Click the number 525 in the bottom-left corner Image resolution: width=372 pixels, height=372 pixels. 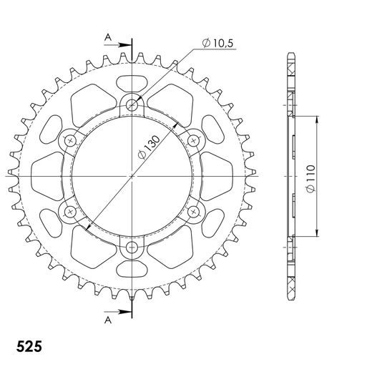[x=28, y=346]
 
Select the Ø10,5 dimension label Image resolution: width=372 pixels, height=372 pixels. [x=218, y=44]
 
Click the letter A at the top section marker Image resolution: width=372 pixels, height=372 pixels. [x=108, y=36]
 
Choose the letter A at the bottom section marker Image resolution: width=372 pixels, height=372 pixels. [x=108, y=320]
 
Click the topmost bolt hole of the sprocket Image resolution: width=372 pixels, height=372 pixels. [x=132, y=104]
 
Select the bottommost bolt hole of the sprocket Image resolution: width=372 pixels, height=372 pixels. [x=132, y=248]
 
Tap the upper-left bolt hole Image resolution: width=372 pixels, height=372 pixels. [x=70, y=140]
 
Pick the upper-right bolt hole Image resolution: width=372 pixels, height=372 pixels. [x=194, y=140]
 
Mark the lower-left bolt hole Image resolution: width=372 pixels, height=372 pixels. [x=70, y=212]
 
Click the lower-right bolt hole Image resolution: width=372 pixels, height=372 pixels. [x=194, y=212]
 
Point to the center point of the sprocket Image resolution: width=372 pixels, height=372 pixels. [x=132, y=176]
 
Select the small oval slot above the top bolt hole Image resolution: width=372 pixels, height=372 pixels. [x=132, y=80]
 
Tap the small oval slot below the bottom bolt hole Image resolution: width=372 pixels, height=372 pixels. [x=132, y=271]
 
